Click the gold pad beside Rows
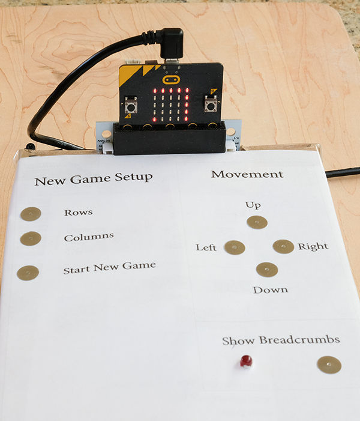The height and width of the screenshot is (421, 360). tap(31, 214)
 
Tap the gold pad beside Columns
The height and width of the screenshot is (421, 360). tap(31, 238)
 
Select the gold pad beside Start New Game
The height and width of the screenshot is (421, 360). tap(28, 273)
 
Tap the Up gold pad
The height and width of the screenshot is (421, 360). tap(257, 222)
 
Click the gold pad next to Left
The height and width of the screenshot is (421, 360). tap(235, 247)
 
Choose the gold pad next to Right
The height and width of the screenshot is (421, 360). tap(283, 246)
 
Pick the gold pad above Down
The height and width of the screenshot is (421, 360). tap(267, 270)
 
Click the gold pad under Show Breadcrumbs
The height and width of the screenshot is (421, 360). tap(329, 365)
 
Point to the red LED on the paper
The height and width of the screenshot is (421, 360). tap(246, 361)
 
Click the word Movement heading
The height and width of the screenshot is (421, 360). tap(247, 174)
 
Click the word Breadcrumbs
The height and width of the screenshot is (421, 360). tap(299, 340)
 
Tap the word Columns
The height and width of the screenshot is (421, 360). tap(89, 237)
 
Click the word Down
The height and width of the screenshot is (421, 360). tap(271, 290)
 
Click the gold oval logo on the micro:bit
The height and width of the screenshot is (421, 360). tap(171, 79)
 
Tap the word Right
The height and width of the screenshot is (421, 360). tap(313, 246)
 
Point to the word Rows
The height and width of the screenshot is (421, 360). tap(79, 213)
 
